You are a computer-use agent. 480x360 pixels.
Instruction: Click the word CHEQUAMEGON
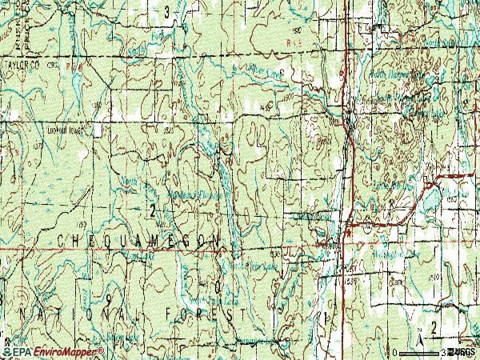pos(138,240)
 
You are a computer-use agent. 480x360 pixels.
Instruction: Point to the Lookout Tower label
pos(66,127)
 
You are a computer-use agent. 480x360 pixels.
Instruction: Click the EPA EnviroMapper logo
pos(53,351)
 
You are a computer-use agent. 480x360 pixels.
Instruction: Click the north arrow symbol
pos(417,334)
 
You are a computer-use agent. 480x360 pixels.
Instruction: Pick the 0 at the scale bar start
pos(394,351)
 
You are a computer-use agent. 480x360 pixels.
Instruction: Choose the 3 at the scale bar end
pos(442,351)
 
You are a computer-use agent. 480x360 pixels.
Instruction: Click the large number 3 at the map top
pos(166,12)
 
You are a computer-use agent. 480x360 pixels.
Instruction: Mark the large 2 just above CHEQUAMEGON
pos(152,211)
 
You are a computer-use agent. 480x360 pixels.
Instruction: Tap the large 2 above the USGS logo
pos(434,327)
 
